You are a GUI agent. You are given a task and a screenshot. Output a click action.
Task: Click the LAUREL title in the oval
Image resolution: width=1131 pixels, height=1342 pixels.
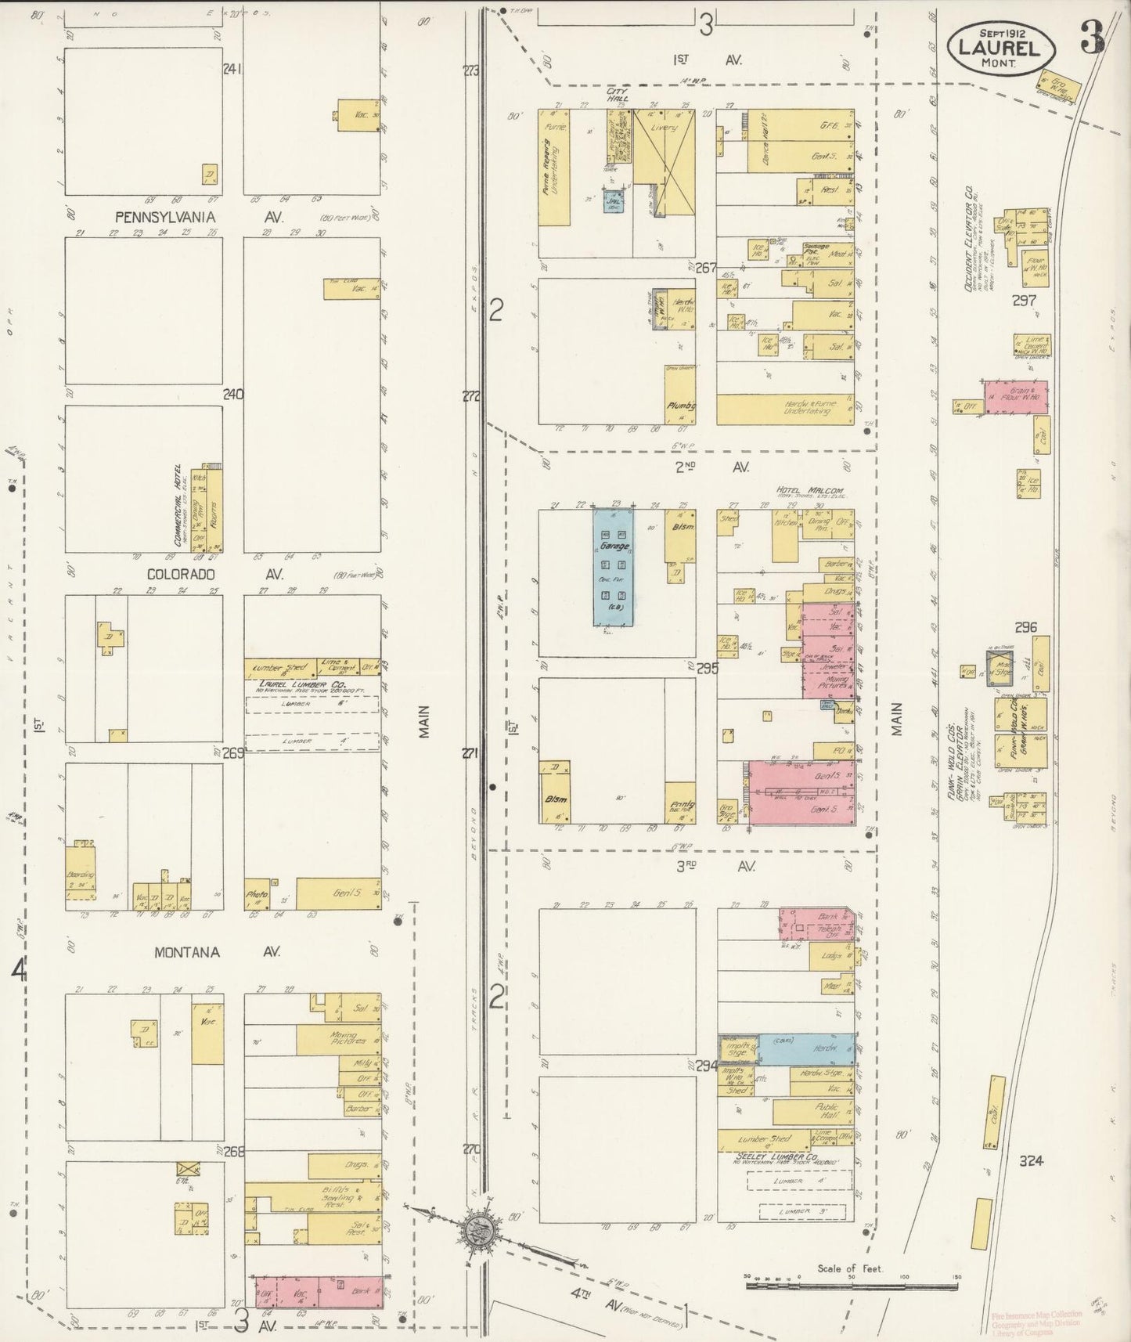pyautogui.click(x=1003, y=49)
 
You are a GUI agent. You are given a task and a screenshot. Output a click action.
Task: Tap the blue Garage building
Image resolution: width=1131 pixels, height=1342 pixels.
pyautogui.click(x=614, y=568)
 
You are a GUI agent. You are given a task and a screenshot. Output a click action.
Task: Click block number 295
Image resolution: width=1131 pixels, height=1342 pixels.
pyautogui.click(x=708, y=668)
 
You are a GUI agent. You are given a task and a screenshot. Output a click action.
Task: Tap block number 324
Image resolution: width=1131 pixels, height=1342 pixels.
pyautogui.click(x=1031, y=1161)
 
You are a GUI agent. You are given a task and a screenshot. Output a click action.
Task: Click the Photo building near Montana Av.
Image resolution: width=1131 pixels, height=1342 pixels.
pyautogui.click(x=257, y=894)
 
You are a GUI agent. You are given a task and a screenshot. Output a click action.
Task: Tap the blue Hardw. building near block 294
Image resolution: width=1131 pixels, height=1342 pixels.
pyautogui.click(x=806, y=1048)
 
